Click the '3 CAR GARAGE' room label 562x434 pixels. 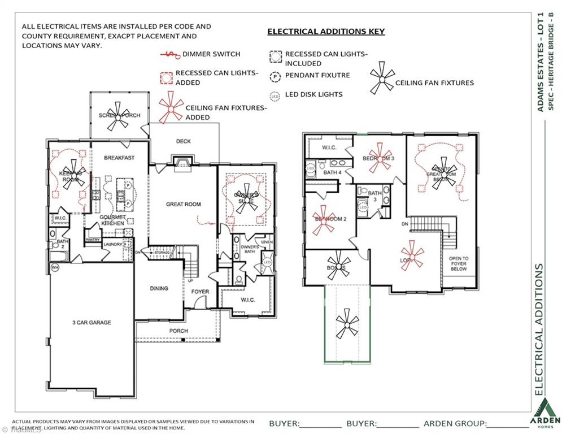coord(92,323)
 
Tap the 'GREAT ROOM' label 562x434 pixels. coord(183,204)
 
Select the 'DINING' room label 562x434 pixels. coord(159,288)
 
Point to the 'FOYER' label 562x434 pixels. coord(199,292)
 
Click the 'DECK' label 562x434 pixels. coord(184,141)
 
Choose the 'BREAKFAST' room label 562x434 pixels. coord(120,158)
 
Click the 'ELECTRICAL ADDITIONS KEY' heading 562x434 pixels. coord(326,32)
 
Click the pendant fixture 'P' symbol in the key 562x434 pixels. coord(276,75)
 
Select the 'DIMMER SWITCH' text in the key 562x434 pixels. coord(211,54)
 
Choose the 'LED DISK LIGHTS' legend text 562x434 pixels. coord(313,94)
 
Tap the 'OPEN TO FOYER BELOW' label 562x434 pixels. coord(458,264)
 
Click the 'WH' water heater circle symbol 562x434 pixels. coord(55,267)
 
